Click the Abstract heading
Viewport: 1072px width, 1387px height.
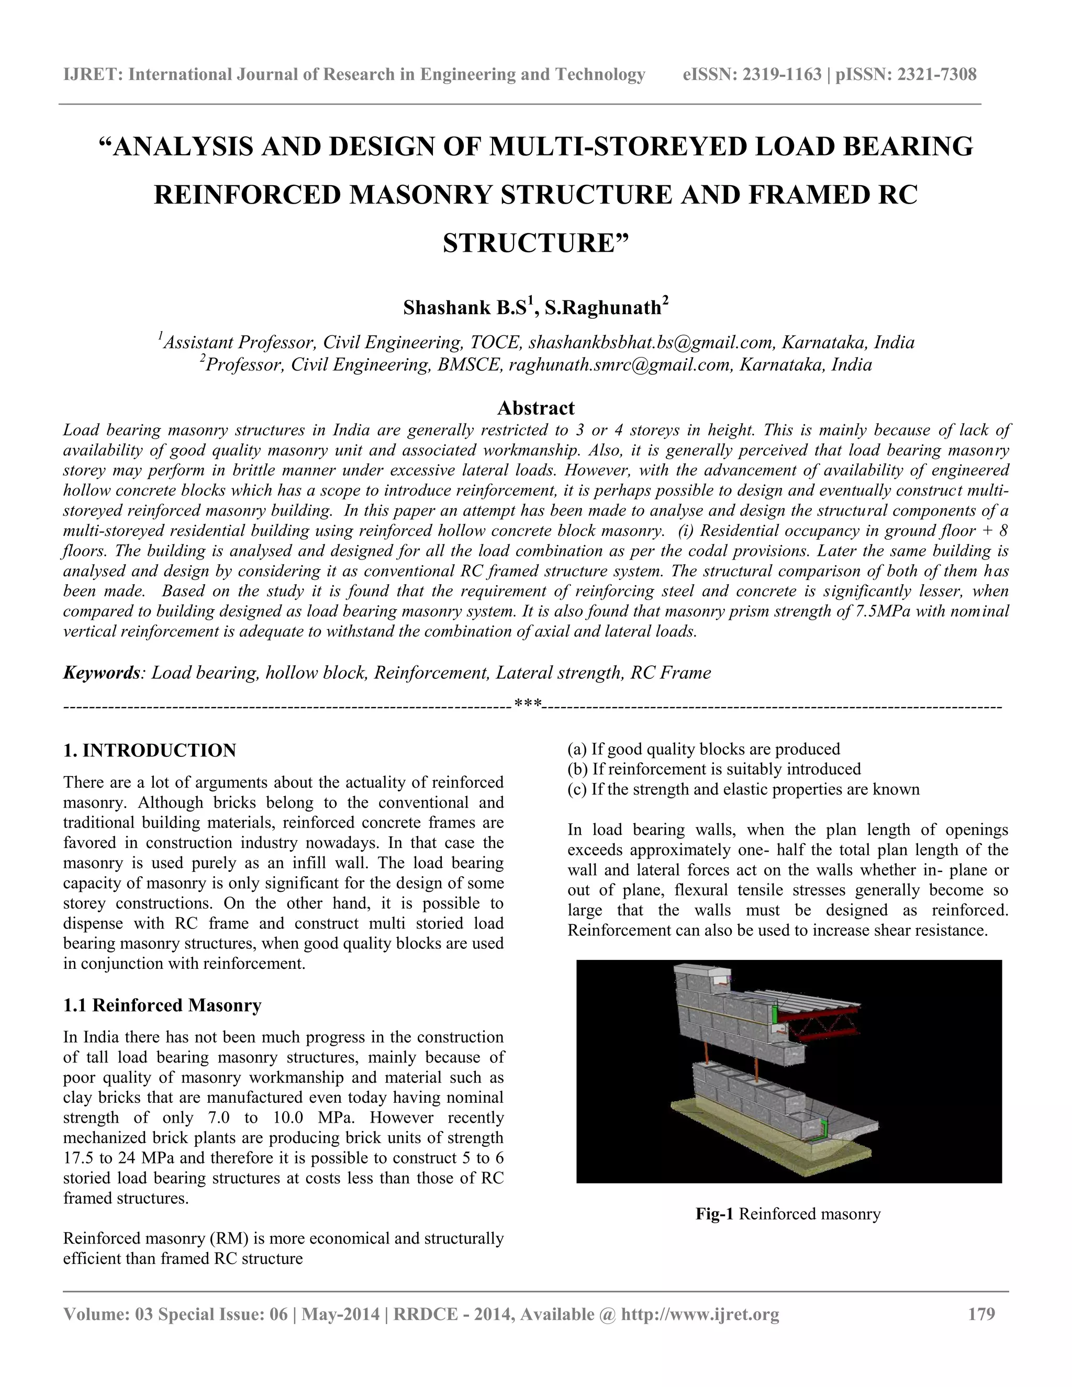click(535, 408)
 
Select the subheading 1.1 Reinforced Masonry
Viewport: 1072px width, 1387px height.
click(163, 1005)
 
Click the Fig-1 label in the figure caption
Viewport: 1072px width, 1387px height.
click(714, 1214)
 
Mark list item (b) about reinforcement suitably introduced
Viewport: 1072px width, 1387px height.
click(714, 769)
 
